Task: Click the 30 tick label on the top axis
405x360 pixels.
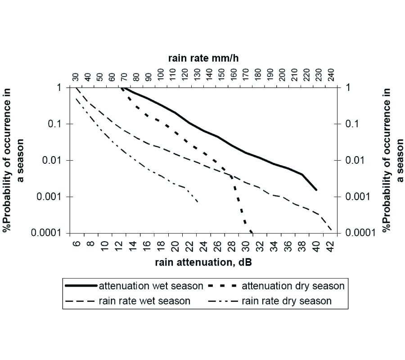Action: [75, 77]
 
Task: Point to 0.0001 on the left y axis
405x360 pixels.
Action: [50, 233]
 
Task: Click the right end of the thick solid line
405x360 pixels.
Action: [316, 190]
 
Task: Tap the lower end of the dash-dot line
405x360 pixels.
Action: [198, 202]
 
